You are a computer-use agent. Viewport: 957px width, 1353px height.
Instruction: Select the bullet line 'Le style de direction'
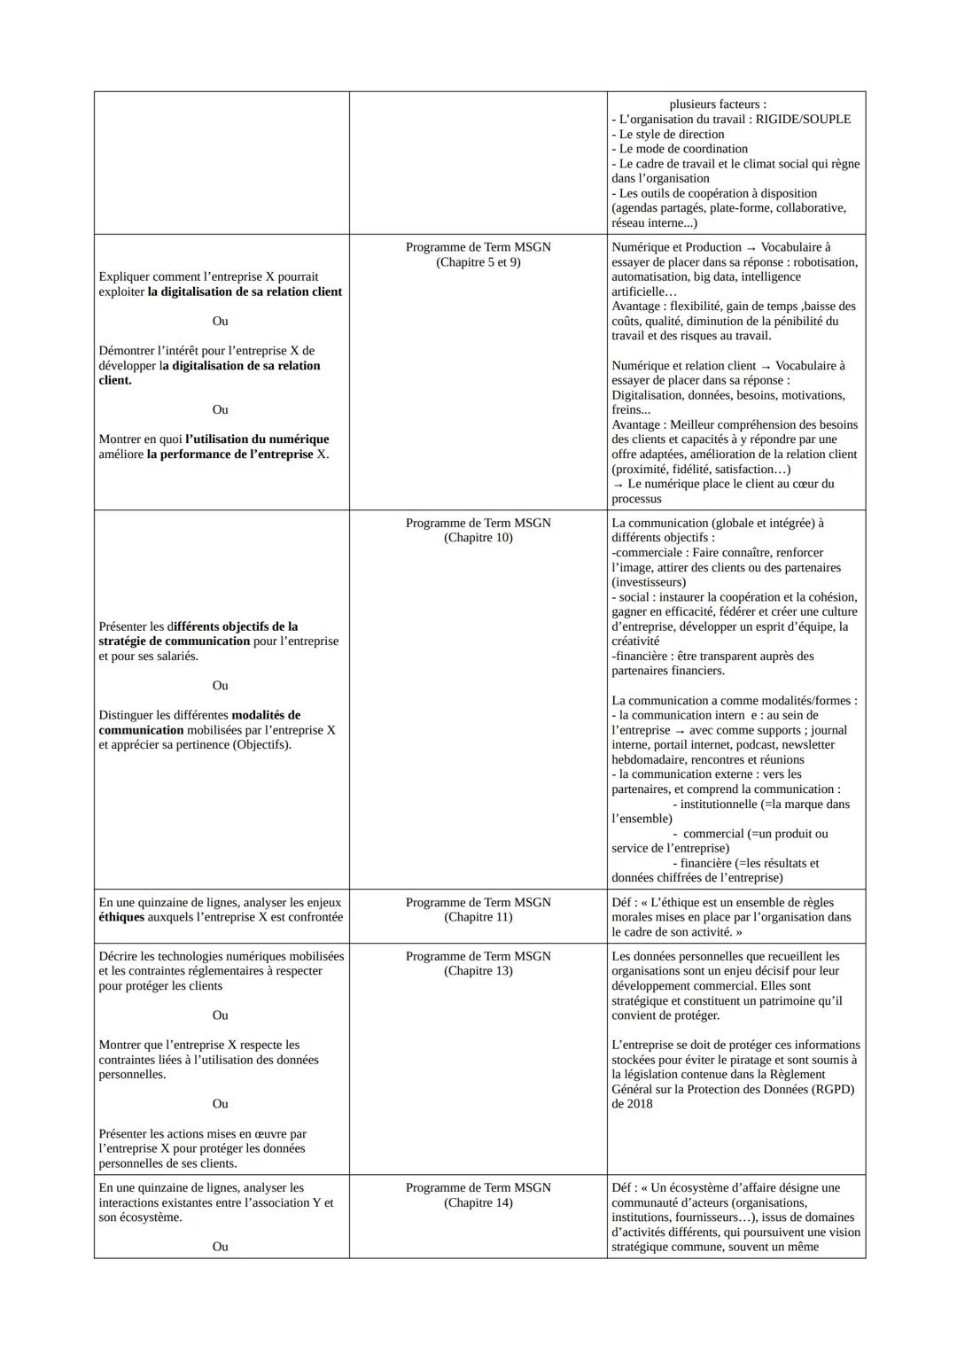(x=668, y=135)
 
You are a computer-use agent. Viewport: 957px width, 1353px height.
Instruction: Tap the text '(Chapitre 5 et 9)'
(x=478, y=262)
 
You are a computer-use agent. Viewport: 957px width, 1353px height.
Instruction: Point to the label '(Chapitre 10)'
(x=478, y=538)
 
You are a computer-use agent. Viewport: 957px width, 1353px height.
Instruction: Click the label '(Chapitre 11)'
(x=478, y=917)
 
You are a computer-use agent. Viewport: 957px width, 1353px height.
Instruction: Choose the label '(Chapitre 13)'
(x=478, y=971)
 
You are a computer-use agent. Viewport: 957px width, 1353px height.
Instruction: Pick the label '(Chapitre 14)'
(x=478, y=1202)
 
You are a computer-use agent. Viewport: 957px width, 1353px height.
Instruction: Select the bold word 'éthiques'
(x=121, y=917)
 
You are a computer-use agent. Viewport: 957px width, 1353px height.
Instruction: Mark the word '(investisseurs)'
(x=648, y=582)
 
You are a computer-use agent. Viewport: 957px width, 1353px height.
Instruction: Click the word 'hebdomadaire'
(x=649, y=760)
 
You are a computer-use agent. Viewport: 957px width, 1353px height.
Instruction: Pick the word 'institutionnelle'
(x=719, y=805)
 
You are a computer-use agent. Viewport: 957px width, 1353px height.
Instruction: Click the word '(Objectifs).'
(x=262, y=745)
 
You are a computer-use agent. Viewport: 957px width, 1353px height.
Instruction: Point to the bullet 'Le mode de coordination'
(x=680, y=149)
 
